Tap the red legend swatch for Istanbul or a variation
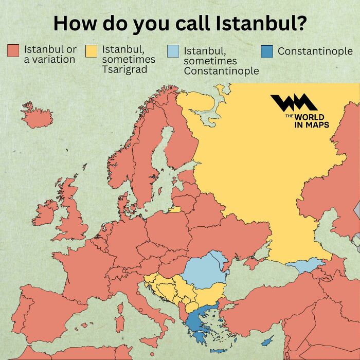pyautogui.click(x=13, y=51)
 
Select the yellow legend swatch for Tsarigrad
pyautogui.click(x=92, y=51)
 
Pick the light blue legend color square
pyautogui.click(x=173, y=51)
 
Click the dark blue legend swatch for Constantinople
pyautogui.click(x=266, y=51)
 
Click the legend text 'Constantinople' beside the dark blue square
pyautogui.click(x=315, y=51)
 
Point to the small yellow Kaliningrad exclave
pyautogui.click(x=175, y=209)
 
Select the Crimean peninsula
pyautogui.click(x=253, y=263)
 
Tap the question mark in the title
pyautogui.click(x=297, y=23)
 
